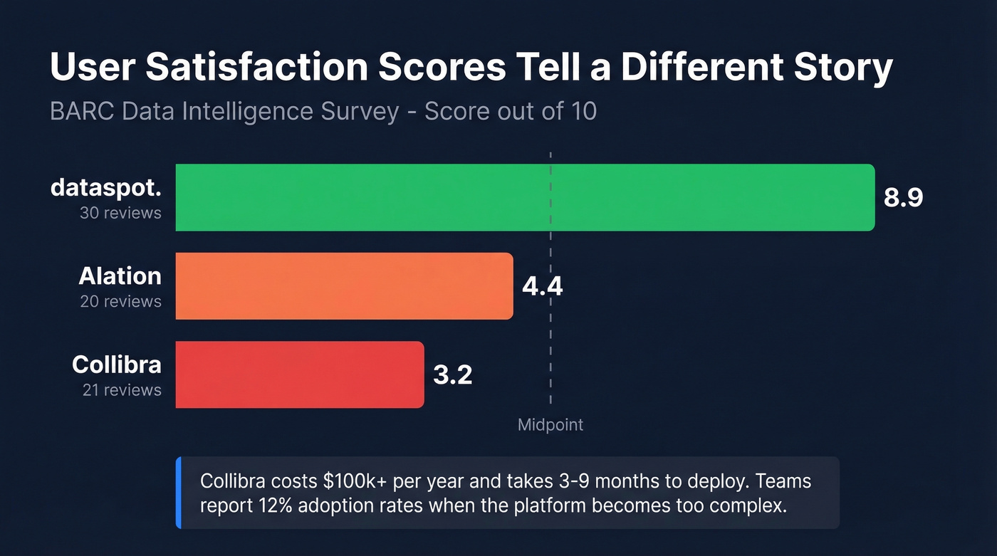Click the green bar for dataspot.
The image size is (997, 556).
point(525,197)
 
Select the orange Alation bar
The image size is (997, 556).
point(344,286)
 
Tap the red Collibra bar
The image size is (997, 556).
point(299,374)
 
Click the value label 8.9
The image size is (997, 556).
point(903,198)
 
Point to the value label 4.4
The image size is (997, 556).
point(542,286)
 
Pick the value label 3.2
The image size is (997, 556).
point(452,374)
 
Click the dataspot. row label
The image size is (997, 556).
point(106,189)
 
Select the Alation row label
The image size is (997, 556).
point(120,276)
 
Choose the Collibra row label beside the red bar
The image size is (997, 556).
point(117,364)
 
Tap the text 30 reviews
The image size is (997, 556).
point(120,213)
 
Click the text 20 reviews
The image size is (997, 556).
point(120,302)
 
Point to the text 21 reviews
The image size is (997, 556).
point(120,390)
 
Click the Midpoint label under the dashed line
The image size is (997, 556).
point(550,425)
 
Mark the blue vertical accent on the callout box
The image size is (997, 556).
point(178,493)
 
